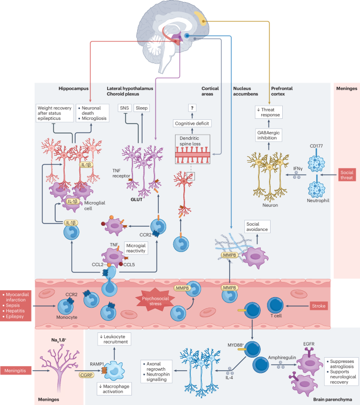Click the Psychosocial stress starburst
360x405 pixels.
(156, 301)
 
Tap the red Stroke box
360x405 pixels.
(318, 306)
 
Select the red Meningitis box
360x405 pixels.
(15, 371)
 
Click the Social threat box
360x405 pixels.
(347, 175)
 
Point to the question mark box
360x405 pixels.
(192, 108)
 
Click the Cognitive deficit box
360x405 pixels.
(192, 124)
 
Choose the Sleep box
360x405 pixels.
(142, 108)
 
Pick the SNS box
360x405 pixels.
(125, 108)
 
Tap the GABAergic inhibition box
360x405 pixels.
(269, 135)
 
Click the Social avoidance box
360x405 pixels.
(258, 227)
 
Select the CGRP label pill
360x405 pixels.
(86, 375)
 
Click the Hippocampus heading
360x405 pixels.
(74, 88)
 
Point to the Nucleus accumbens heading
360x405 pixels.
(245, 91)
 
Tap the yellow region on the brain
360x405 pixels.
(201, 18)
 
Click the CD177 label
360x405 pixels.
(316, 146)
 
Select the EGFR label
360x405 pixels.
(309, 344)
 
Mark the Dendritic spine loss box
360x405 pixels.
(192, 149)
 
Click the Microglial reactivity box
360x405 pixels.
(136, 248)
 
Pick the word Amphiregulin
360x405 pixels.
(282, 358)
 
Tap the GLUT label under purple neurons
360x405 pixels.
(137, 199)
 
